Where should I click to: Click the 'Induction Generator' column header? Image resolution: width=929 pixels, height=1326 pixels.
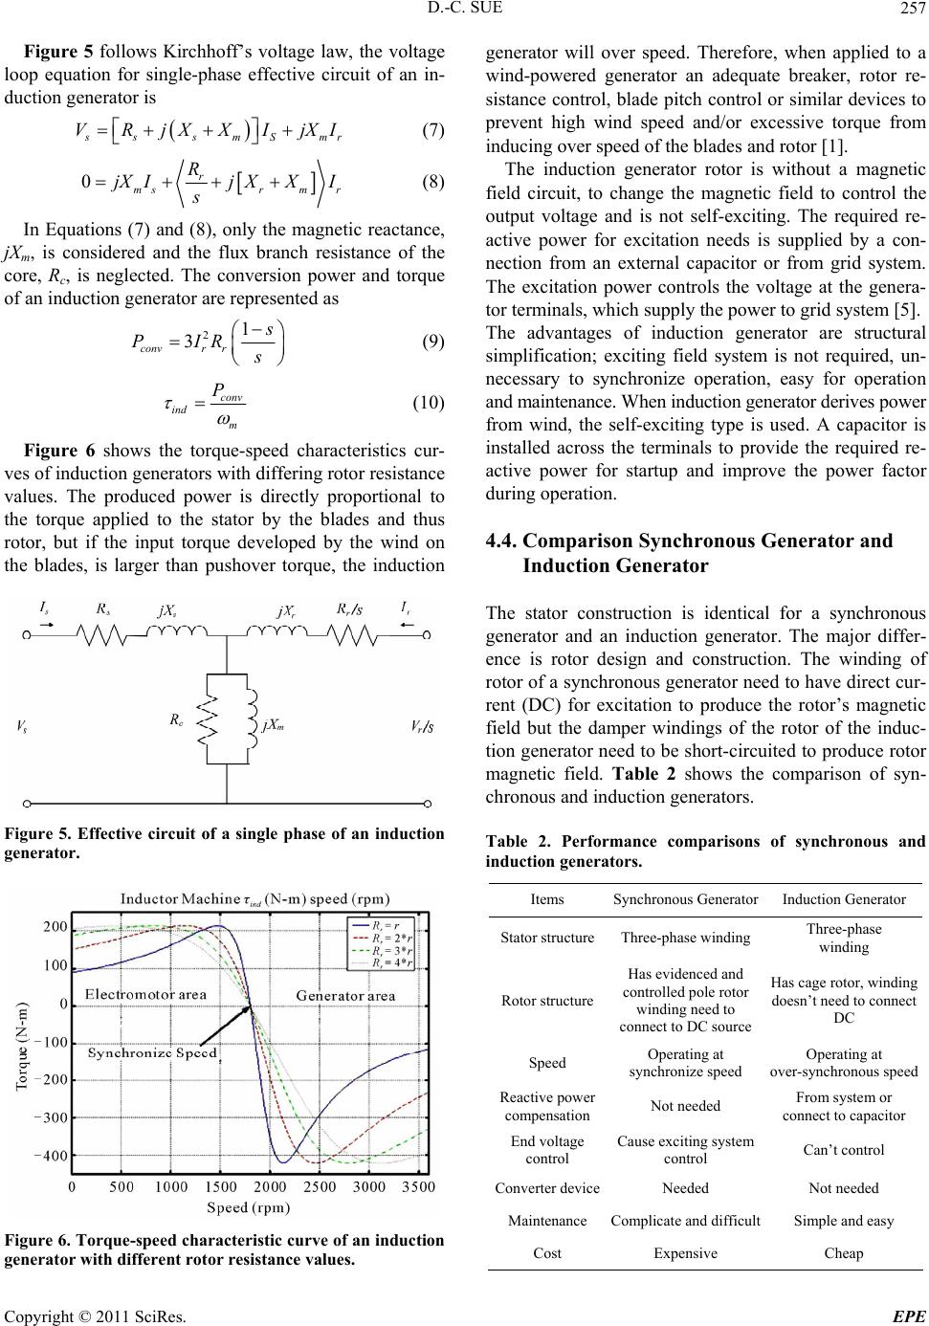tap(844, 899)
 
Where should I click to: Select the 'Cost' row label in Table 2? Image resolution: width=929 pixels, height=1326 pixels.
tap(547, 1253)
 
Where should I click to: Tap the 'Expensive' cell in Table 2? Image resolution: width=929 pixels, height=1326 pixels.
tap(686, 1253)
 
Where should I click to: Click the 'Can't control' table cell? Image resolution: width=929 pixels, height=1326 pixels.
tap(844, 1149)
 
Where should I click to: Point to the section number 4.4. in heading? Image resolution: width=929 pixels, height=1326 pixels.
tap(505, 541)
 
